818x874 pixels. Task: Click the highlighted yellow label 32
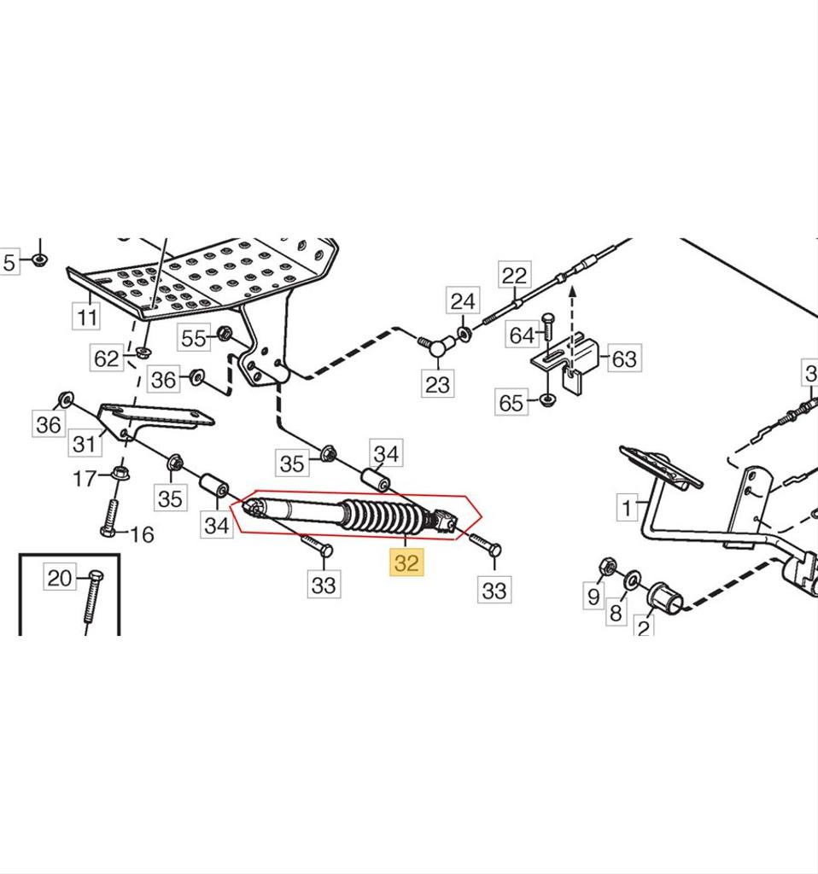point(407,564)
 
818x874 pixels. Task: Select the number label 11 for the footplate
point(86,318)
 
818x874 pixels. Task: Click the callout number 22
point(514,276)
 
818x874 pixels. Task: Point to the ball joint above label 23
point(437,347)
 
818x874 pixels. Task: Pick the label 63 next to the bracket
point(623,358)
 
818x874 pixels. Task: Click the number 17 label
point(84,480)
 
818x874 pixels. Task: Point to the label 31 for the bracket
point(84,444)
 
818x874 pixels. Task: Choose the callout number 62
point(107,358)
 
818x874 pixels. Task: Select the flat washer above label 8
point(634,580)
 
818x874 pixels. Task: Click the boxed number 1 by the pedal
point(628,509)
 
